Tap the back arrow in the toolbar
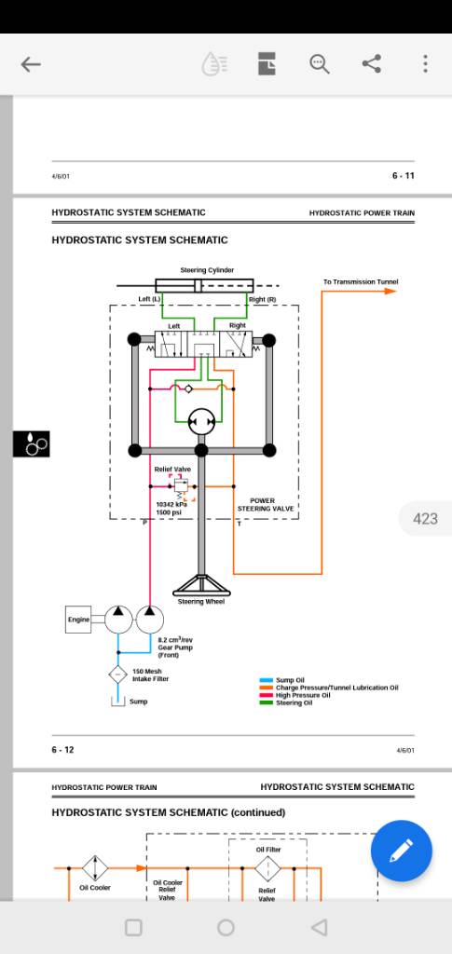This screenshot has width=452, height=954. point(31,64)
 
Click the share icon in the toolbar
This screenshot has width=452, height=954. point(371,64)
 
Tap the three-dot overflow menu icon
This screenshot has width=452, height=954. point(425,64)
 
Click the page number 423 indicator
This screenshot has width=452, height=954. point(425,519)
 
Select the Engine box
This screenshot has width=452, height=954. point(78,620)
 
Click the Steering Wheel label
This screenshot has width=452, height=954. point(200,602)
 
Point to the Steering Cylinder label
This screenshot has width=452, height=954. point(207,270)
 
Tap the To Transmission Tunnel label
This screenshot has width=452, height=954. point(361,281)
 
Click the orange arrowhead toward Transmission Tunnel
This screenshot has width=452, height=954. point(390,292)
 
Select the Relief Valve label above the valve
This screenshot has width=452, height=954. point(172,470)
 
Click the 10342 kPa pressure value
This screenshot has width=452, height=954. point(171,504)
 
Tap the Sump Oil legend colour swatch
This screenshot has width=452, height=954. point(267,680)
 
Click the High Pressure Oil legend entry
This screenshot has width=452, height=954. point(303,695)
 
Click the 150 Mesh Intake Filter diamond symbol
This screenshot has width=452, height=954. point(117,675)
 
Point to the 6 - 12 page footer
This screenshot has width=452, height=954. point(62,750)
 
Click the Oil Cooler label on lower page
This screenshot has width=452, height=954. point(95,888)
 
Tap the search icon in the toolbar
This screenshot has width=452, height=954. point(320,64)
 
